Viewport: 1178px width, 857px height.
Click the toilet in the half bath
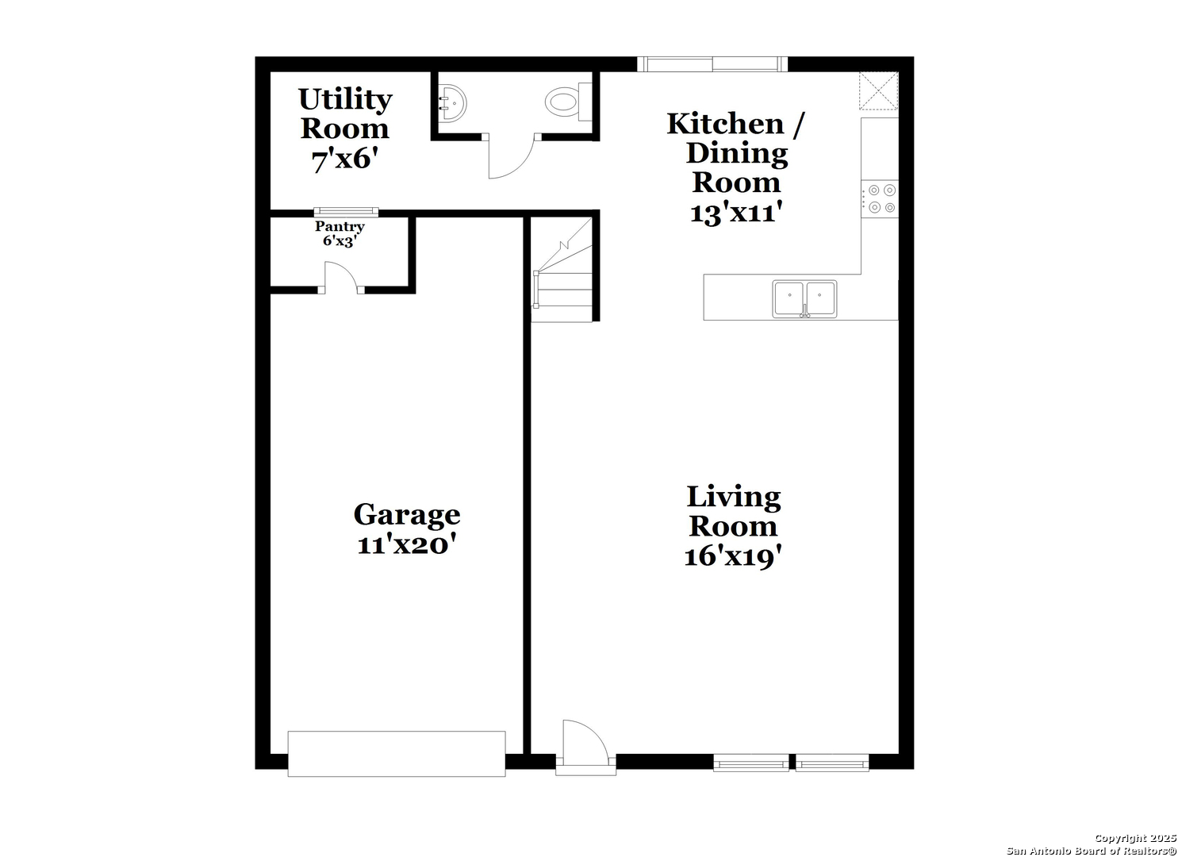[x=569, y=101]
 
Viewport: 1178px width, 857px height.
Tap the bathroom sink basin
[x=452, y=102]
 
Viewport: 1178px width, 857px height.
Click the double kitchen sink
[x=804, y=299]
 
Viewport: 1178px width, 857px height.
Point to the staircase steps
[x=562, y=270]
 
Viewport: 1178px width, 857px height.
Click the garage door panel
[x=397, y=754]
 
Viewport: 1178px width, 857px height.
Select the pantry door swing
[x=341, y=277]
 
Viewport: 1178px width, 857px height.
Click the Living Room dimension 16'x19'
[x=733, y=556]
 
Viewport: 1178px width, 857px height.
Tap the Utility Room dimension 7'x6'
[x=345, y=159]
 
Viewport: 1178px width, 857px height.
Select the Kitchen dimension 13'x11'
[x=736, y=213]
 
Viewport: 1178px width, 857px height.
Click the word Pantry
[x=340, y=227]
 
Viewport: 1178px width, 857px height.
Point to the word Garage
[x=407, y=515]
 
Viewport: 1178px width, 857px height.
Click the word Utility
[x=346, y=100]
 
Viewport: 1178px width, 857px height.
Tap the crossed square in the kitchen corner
[x=879, y=91]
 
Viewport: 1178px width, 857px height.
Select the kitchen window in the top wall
[x=712, y=64]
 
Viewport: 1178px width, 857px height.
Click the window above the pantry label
[x=346, y=212]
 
